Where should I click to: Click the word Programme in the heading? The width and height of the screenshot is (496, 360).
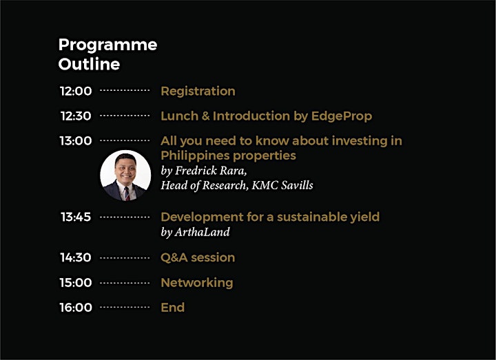pyautogui.click(x=107, y=45)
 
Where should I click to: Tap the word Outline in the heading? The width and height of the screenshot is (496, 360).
pyautogui.click(x=89, y=64)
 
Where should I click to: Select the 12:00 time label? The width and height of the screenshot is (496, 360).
pyautogui.click(x=76, y=91)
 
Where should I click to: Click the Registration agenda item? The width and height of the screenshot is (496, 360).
pyautogui.click(x=198, y=92)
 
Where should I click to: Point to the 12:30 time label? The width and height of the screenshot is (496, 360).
pyautogui.click(x=76, y=116)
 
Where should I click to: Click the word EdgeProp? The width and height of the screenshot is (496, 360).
pyautogui.click(x=342, y=116)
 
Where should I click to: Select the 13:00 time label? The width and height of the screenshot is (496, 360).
pyautogui.click(x=76, y=140)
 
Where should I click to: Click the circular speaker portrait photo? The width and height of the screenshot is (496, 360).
pyautogui.click(x=125, y=176)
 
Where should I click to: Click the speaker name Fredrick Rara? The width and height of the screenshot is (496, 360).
pyautogui.click(x=211, y=171)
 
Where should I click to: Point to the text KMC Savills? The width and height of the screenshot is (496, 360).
pyautogui.click(x=282, y=185)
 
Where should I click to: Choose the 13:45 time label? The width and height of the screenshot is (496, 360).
pyautogui.click(x=76, y=217)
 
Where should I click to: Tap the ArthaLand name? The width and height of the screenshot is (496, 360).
pyautogui.click(x=202, y=232)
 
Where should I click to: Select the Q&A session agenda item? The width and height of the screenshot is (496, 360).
pyautogui.click(x=198, y=258)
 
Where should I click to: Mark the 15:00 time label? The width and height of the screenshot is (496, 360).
pyautogui.click(x=76, y=283)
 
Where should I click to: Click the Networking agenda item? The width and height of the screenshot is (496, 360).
pyautogui.click(x=197, y=283)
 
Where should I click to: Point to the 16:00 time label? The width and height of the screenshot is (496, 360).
pyautogui.click(x=76, y=307)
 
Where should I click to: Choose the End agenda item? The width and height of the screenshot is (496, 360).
pyautogui.click(x=173, y=307)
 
